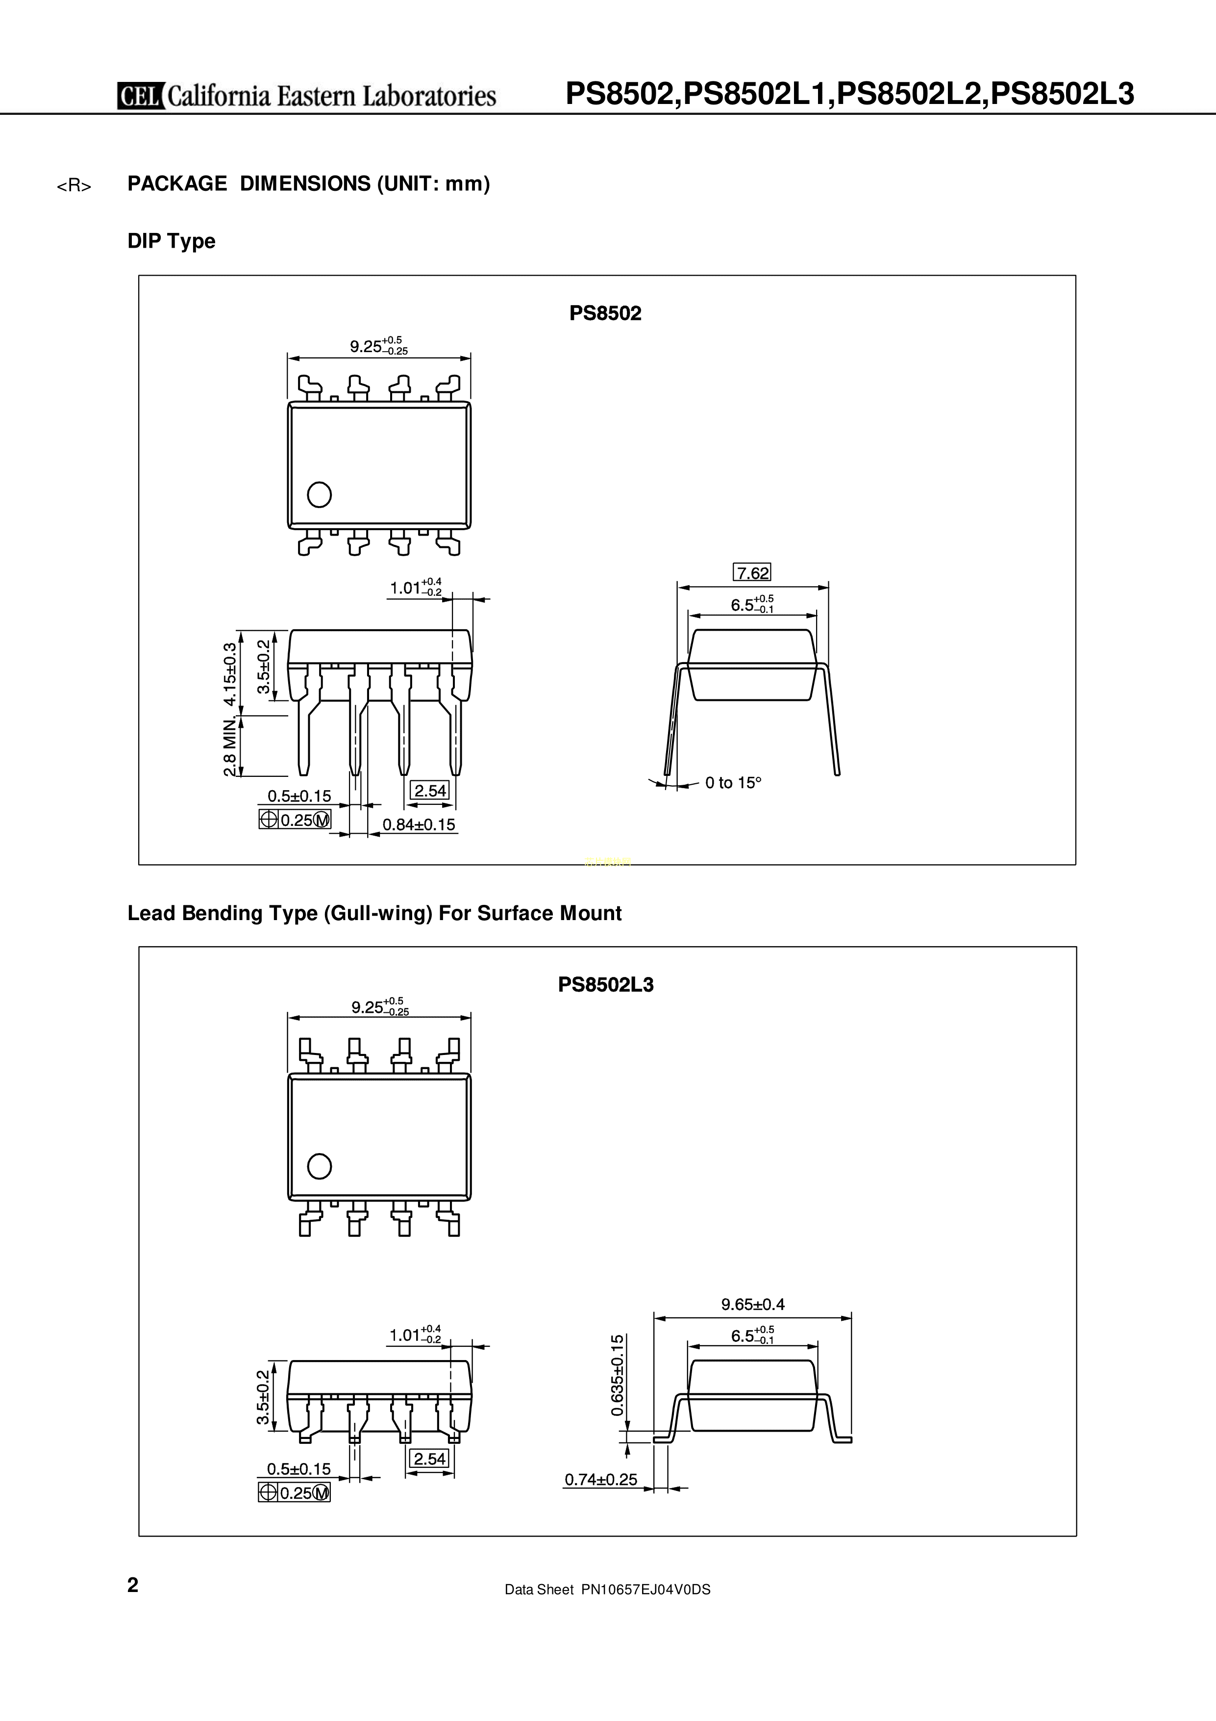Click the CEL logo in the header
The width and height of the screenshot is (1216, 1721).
coord(141,96)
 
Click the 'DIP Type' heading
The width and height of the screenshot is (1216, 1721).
coord(171,241)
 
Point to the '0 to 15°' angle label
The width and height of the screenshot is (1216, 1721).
coord(733,783)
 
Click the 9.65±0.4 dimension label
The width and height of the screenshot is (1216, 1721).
coord(753,1304)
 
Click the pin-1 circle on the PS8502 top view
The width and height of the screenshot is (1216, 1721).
coord(319,495)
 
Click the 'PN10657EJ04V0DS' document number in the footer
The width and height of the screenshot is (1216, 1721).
coord(646,1610)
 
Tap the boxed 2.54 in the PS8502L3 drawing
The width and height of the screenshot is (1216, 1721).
coord(430,1459)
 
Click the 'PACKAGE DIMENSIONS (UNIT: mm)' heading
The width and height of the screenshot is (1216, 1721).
coord(309,183)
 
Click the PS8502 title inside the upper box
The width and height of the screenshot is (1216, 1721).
coord(605,313)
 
